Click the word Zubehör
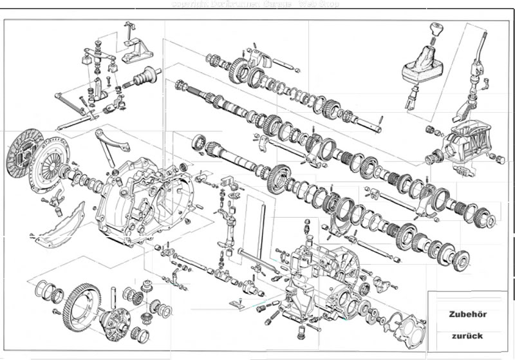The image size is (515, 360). [467, 315]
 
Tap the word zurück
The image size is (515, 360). [467, 336]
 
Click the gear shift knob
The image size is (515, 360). [437, 30]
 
